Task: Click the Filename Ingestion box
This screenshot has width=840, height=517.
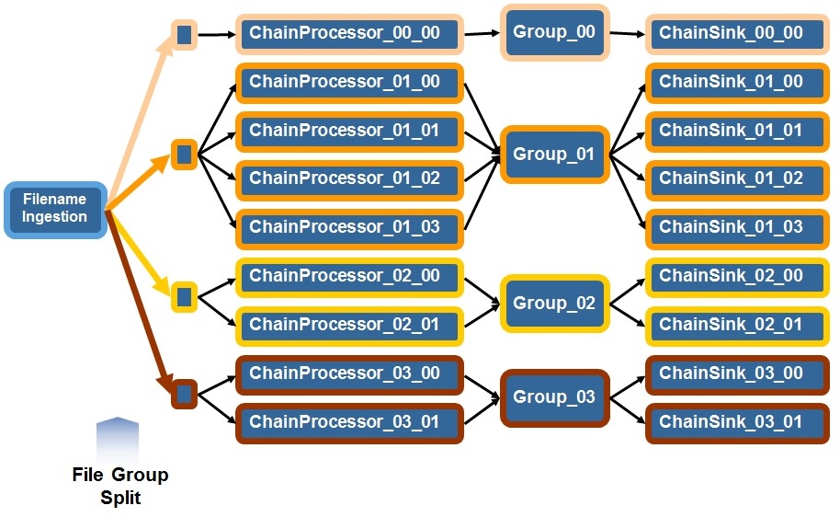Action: pyautogui.click(x=56, y=210)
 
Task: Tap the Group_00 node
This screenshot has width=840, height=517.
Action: pyautogui.click(x=554, y=32)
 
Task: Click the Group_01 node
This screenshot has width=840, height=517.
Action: pyautogui.click(x=554, y=155)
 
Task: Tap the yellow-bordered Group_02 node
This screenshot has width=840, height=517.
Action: pyautogui.click(x=554, y=304)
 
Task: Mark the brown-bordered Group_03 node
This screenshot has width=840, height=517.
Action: pyautogui.click(x=554, y=397)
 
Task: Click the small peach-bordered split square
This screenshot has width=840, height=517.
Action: pyautogui.click(x=184, y=35)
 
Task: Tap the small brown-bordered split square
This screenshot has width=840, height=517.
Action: pyautogui.click(x=184, y=395)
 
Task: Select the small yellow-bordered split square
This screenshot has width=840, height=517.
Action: pyautogui.click(x=184, y=296)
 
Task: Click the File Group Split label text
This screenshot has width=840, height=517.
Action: pyautogui.click(x=120, y=486)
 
